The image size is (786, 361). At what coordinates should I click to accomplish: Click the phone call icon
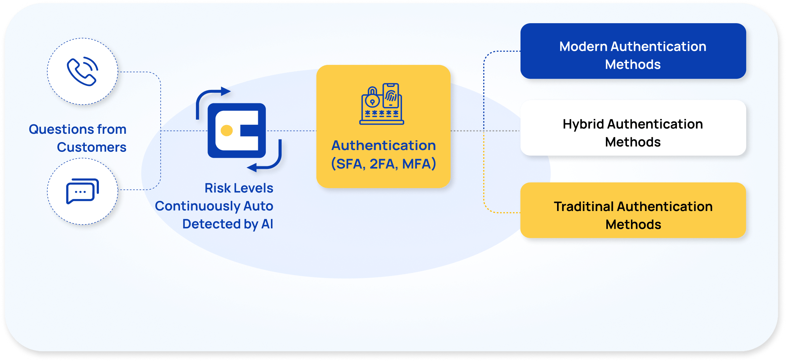coord(82,71)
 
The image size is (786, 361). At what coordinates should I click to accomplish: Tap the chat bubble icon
coord(82,191)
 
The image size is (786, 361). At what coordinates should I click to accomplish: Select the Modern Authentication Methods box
coord(633,51)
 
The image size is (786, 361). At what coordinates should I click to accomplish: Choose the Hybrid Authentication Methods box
coord(633,128)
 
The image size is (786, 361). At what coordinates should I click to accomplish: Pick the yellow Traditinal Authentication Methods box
coord(633,210)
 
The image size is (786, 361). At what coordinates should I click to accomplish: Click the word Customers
coord(91,147)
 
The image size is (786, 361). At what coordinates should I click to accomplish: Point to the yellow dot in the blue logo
coord(227,130)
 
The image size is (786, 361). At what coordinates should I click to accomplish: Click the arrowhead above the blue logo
coord(225,91)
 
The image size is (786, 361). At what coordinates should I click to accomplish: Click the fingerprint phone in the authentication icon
coord(391,95)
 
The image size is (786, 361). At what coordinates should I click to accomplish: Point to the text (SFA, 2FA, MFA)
coord(383,164)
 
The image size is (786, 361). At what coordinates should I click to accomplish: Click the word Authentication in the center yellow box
coord(383,145)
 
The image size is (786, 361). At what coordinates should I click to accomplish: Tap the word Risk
coord(217,188)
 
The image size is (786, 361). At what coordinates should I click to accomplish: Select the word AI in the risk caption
coord(267,224)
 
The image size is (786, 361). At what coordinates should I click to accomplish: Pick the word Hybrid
coord(583,124)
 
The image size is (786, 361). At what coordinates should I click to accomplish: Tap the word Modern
coord(583,46)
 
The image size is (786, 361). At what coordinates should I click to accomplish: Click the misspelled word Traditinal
coord(584,207)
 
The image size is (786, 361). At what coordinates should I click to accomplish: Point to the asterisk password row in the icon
coord(382,113)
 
